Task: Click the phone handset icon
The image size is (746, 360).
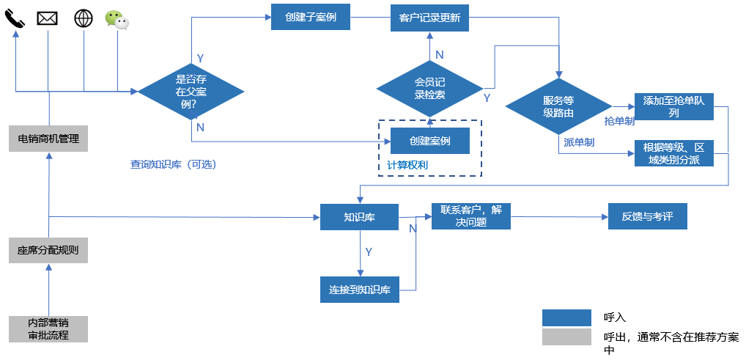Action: pyautogui.click(x=15, y=18)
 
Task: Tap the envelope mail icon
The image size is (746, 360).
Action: pyautogui.click(x=48, y=18)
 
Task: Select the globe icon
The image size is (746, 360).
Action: pyautogui.click(x=84, y=18)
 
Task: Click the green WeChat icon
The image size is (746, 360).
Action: pyautogui.click(x=117, y=19)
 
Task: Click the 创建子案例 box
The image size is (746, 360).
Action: pyautogui.click(x=311, y=17)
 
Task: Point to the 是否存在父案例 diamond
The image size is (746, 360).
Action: pyautogui.click(x=191, y=91)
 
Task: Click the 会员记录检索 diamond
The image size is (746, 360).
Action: pyautogui.click(x=429, y=88)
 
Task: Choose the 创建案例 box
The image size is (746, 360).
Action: pyautogui.click(x=430, y=140)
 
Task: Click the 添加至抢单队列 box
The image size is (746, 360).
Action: pyautogui.click(x=673, y=107)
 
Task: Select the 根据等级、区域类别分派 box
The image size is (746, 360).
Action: pyautogui.click(x=673, y=153)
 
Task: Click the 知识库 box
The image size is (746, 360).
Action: pyautogui.click(x=359, y=217)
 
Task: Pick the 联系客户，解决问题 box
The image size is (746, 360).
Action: pyautogui.click(x=470, y=216)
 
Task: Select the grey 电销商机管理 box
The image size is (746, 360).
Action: pyautogui.click(x=48, y=139)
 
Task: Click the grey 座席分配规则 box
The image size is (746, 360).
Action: pyautogui.click(x=48, y=250)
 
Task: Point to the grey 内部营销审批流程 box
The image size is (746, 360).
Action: pyautogui.click(x=48, y=328)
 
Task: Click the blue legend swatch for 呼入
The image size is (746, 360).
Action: pyautogui.click(x=566, y=317)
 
